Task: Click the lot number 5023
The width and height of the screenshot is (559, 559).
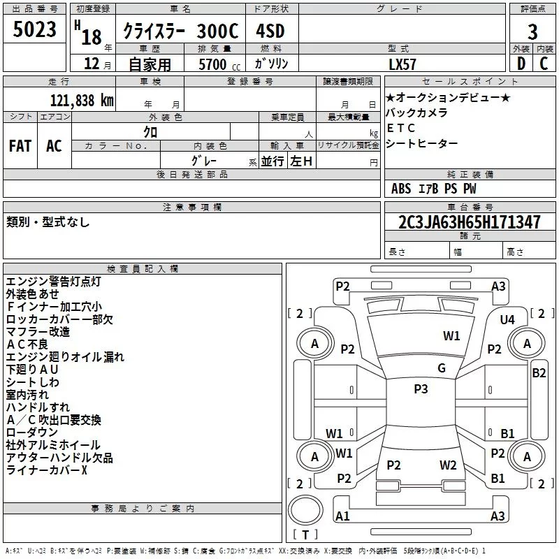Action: pos(35,29)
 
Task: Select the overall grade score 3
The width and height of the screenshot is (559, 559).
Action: pos(532,31)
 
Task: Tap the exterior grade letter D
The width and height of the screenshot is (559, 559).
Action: pos(521,62)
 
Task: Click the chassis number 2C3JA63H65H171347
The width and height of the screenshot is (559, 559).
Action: pos(470,223)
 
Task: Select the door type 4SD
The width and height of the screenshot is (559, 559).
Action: pos(271,31)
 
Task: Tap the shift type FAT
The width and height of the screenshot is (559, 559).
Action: pos(20,146)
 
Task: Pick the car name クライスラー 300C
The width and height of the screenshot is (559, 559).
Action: pos(180,31)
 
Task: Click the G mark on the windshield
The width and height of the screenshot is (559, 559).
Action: pos(442,368)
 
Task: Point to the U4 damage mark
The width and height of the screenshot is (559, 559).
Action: pos(507,319)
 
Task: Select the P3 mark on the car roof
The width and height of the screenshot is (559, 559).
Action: pos(421,389)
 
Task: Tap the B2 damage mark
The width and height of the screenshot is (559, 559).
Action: pos(539,372)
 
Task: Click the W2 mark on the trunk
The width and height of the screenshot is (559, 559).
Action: pos(448,465)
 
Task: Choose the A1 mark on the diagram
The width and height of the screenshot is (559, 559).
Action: pos(342,516)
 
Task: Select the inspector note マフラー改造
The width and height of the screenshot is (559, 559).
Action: pos(38,331)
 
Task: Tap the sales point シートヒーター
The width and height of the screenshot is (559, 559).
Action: pos(421,143)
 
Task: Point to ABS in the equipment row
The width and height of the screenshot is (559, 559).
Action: pos(402,189)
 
